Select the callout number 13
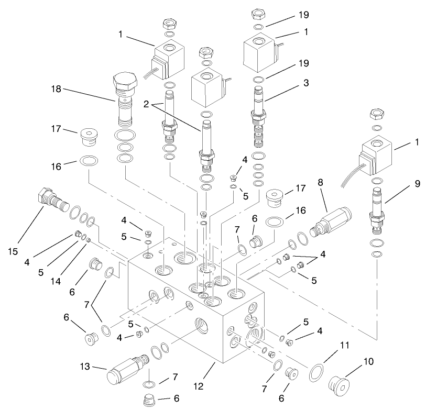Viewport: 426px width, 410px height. (85, 368)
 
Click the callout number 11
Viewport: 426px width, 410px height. (343, 346)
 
